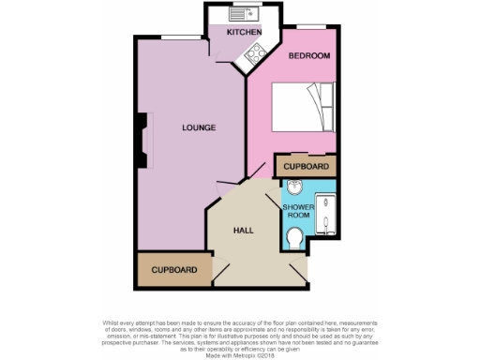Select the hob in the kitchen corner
tap(255, 55)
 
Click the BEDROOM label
tap(308, 56)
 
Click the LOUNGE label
tap(199, 127)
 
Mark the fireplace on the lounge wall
tap(142, 141)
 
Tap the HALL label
tap(244, 230)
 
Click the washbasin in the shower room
tap(294, 186)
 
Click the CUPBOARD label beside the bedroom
tap(307, 167)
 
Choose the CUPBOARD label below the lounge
tap(174, 270)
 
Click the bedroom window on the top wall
tap(310, 44)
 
